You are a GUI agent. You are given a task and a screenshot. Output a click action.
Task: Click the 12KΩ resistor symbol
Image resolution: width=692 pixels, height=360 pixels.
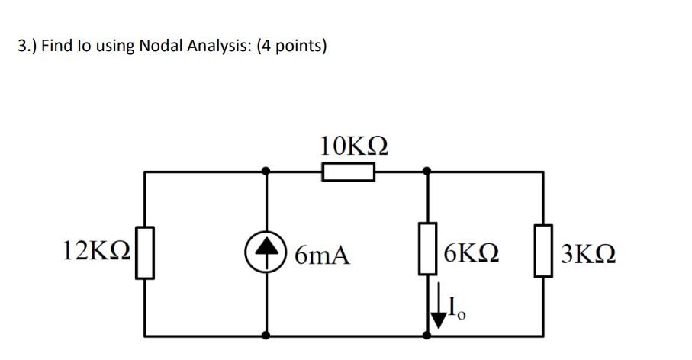[x=145, y=252]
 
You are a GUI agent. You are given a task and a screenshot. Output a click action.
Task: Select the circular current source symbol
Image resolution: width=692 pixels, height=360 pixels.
[x=266, y=252]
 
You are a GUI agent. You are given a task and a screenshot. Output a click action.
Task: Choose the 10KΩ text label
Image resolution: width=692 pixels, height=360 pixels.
[x=354, y=145]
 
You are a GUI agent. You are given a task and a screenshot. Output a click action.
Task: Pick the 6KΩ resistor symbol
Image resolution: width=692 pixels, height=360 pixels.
[x=427, y=249]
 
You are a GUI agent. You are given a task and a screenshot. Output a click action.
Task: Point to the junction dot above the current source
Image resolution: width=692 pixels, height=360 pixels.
[x=266, y=172]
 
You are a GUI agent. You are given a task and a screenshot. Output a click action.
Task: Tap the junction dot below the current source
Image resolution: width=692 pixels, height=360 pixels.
[x=266, y=335]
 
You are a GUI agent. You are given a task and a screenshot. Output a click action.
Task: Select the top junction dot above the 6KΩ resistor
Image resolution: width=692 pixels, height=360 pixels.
[x=427, y=172]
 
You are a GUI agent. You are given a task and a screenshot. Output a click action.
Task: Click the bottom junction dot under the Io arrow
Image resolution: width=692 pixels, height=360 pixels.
[x=427, y=335]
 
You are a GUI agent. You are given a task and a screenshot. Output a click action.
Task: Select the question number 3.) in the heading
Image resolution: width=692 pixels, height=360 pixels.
[x=27, y=47]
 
